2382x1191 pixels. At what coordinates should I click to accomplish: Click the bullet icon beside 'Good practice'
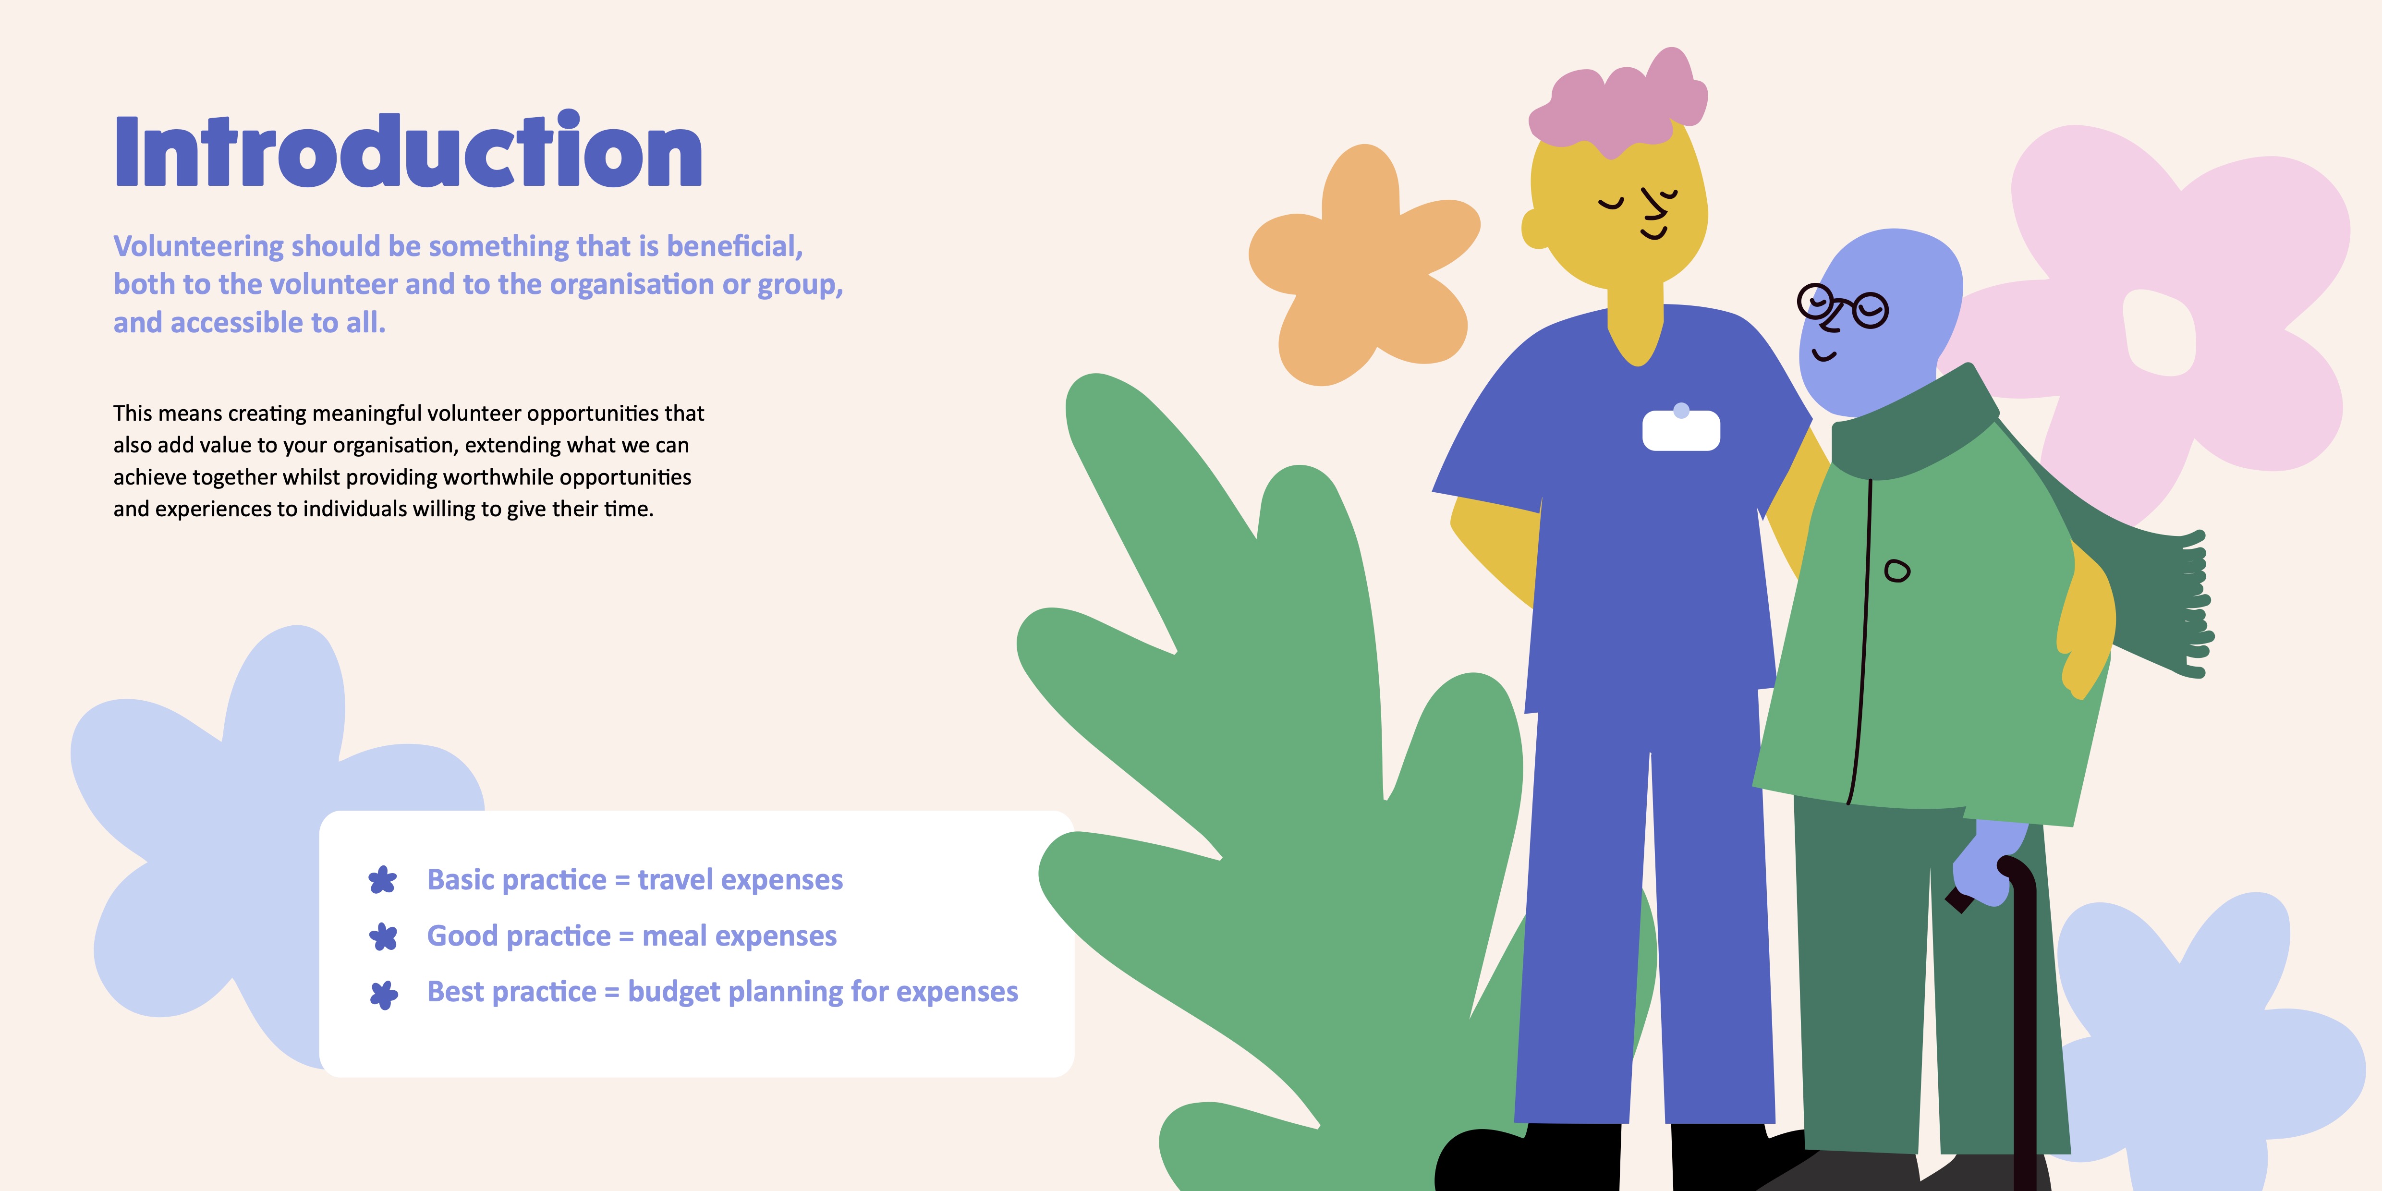coord(383,936)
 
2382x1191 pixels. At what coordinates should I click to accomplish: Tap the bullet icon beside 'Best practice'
coord(384,994)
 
